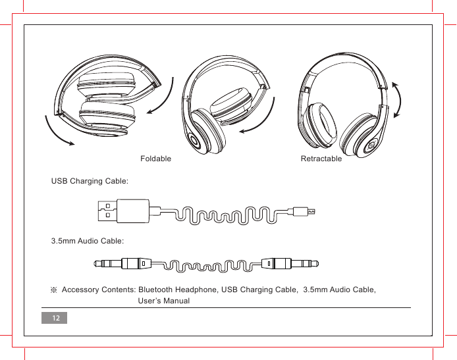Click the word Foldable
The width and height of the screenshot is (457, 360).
(156, 159)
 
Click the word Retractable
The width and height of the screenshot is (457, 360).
(321, 159)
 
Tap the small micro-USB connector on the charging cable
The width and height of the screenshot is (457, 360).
(304, 211)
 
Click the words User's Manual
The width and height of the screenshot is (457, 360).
(164, 301)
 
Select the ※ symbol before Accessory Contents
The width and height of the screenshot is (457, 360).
(55, 290)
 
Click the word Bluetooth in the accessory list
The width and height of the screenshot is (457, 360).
(158, 290)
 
